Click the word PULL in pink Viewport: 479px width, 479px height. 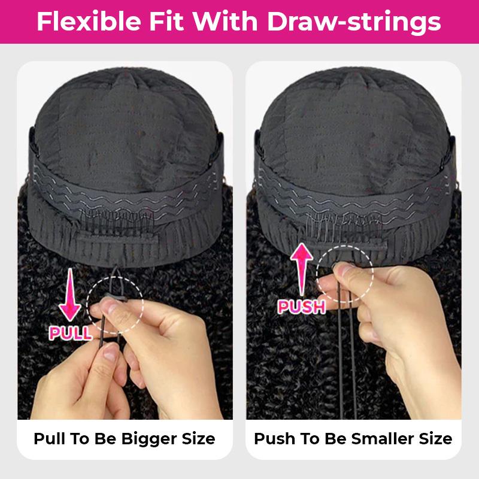pyautogui.click(x=71, y=333)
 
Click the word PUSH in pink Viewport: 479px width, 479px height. pyautogui.click(x=302, y=307)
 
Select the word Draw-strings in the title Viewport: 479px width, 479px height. pyautogui.click(x=354, y=22)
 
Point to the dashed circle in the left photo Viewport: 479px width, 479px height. pyautogui.click(x=115, y=301)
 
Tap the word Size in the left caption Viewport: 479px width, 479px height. pyautogui.click(x=195, y=438)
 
